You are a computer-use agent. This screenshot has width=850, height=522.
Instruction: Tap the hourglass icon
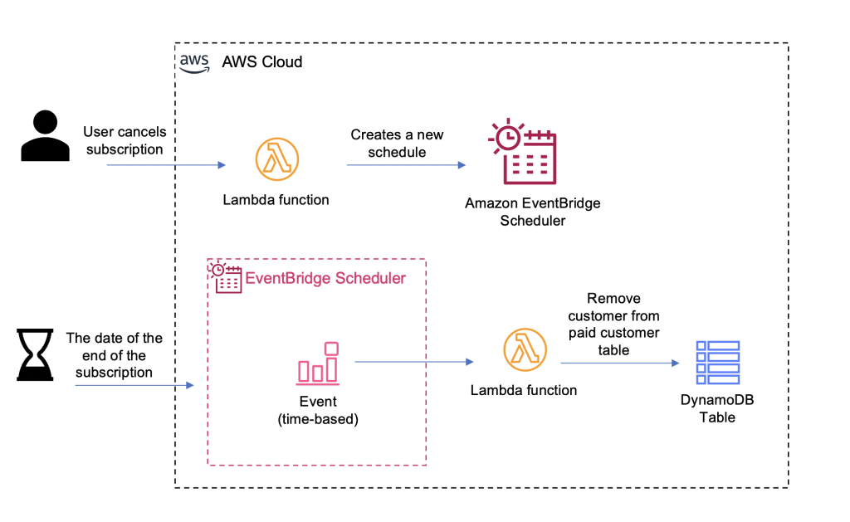pos(34,354)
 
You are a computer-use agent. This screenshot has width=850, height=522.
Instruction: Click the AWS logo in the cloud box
pos(195,64)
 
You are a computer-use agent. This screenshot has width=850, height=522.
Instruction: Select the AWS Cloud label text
pos(261,62)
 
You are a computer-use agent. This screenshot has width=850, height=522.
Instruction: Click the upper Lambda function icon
pos(276,159)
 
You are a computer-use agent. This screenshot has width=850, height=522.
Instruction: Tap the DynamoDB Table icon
pos(717,362)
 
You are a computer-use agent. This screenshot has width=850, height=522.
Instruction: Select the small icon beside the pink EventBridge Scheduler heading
pos(227,278)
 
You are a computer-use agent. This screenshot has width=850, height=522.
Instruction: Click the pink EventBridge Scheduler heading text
pos(325,278)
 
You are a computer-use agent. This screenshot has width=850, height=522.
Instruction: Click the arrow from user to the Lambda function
pos(166,165)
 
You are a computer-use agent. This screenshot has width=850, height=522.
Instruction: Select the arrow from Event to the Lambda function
pos(413,362)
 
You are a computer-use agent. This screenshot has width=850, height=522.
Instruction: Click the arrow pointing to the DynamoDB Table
pos(618,363)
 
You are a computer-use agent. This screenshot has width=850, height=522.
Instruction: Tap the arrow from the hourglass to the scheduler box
pos(134,385)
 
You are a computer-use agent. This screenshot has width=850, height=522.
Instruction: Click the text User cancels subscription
pos(125,140)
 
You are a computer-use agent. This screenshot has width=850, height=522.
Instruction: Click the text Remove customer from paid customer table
pos(613,324)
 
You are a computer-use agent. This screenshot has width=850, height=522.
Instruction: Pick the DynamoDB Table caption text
pos(717,408)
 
